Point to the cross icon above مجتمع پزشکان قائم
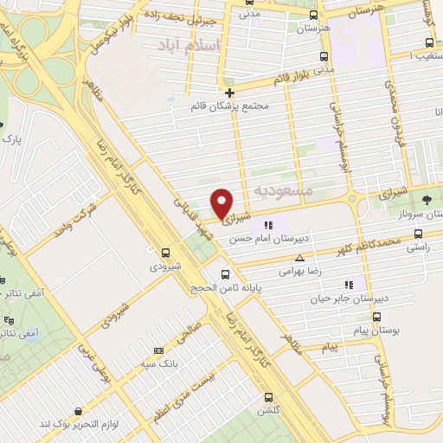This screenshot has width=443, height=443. (229, 93)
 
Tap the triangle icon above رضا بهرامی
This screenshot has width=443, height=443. (299, 258)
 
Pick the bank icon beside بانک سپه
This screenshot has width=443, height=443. (157, 350)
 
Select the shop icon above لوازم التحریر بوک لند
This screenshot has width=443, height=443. (79, 411)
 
